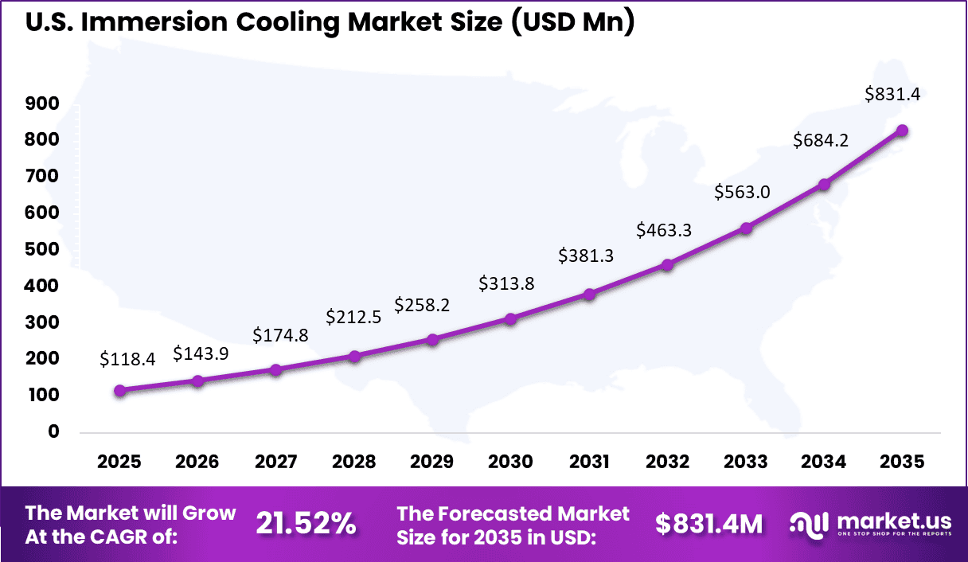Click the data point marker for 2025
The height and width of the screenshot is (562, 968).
coord(119,391)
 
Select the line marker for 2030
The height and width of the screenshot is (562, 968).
coord(511,318)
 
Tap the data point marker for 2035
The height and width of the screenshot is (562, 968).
coord(902,131)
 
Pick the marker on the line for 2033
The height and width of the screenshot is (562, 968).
coord(746,228)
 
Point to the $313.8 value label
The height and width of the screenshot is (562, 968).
coord(505,283)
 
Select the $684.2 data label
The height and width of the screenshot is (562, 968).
coord(820,141)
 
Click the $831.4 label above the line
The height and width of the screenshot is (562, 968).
coord(892,94)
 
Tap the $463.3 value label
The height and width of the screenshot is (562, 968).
coord(664,230)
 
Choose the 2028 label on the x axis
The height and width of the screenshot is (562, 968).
coord(354,462)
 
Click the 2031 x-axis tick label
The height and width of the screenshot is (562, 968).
coord(589,462)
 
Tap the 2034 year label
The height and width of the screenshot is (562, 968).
coord(824,462)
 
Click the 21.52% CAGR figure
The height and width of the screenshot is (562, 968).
coord(306,523)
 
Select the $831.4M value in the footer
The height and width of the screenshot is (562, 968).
coord(708,523)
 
